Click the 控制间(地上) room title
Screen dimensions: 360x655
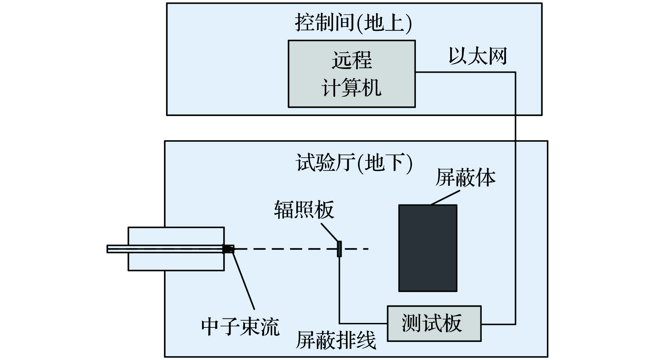353,23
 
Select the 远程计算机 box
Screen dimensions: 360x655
351,73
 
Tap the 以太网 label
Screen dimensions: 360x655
478,56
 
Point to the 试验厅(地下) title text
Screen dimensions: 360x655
354,163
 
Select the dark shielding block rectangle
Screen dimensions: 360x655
428,248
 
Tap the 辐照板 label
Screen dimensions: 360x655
304,210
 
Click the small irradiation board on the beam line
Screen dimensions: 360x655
339,249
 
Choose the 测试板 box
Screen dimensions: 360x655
434,323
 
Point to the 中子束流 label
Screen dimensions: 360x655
240,326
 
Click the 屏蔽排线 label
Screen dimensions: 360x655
335,340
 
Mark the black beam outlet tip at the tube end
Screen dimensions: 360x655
228,249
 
